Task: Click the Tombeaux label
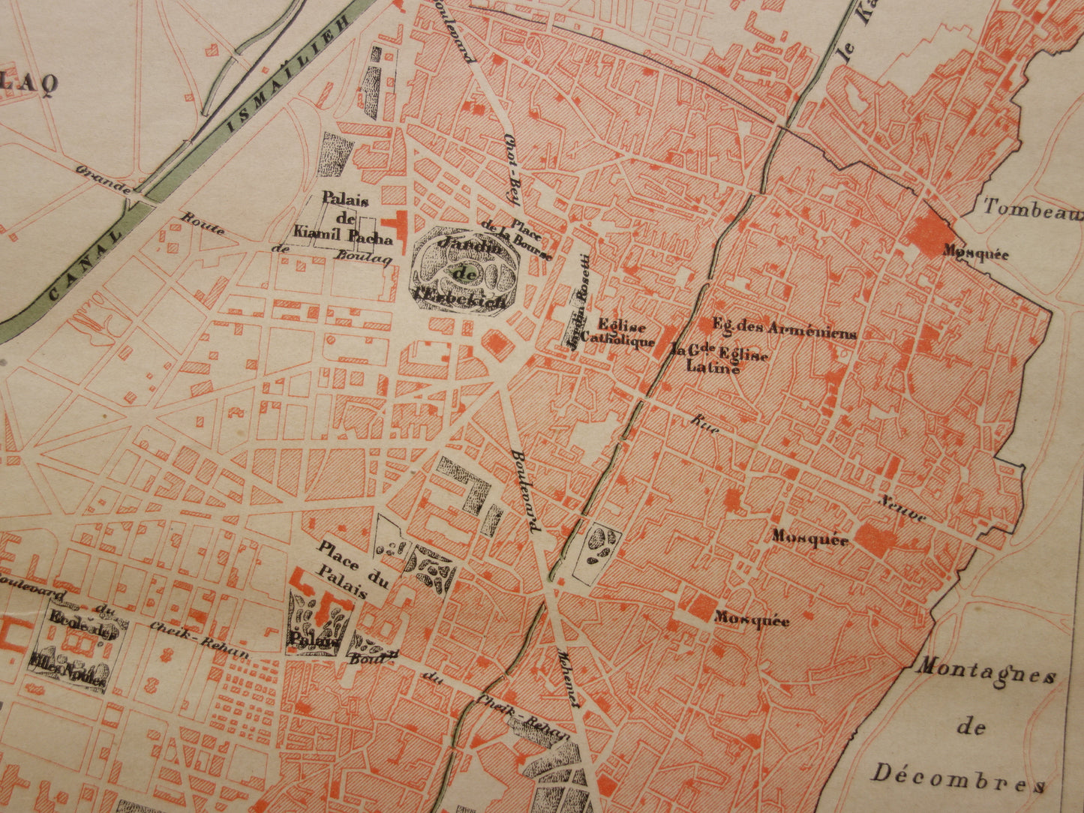[1032, 209]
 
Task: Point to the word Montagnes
[984, 672]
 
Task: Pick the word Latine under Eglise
[713, 367]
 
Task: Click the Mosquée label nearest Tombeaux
[975, 253]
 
